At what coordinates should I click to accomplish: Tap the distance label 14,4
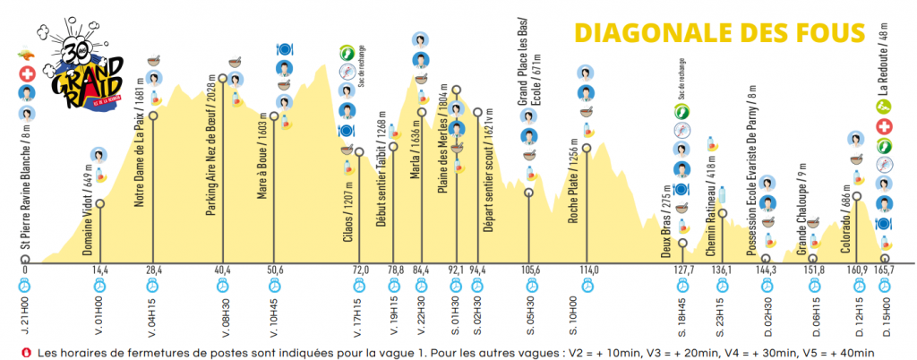[x=99, y=270]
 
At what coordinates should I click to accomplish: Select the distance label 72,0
[x=361, y=270]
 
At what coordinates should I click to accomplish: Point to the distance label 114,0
[x=588, y=270]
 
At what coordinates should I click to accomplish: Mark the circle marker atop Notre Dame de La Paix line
[x=154, y=116]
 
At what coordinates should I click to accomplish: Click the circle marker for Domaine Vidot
[x=99, y=204]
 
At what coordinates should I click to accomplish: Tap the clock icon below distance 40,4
[x=223, y=287]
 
